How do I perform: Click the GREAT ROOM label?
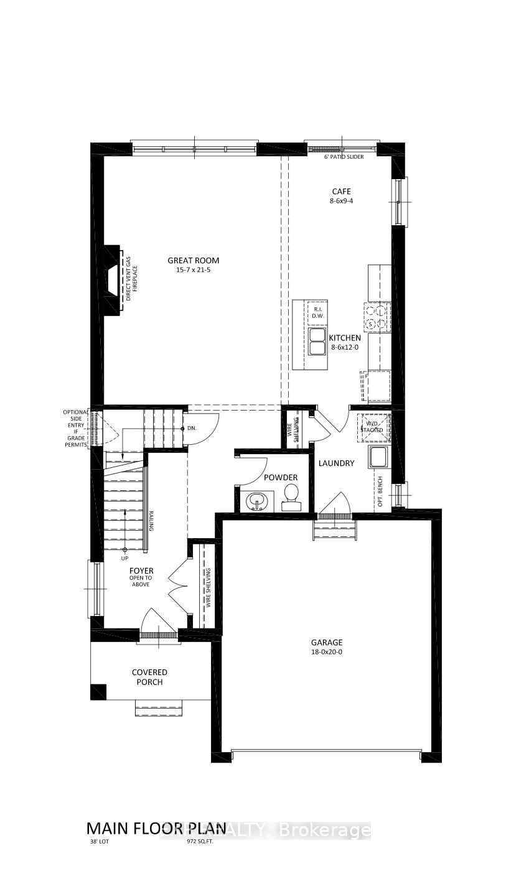tap(193, 261)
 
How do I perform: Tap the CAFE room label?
tap(341, 192)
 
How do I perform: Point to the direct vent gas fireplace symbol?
tap(112, 279)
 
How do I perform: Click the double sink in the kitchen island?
tap(317, 342)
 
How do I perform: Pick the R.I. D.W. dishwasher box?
tap(317, 313)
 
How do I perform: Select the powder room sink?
tap(258, 500)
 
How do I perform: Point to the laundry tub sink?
tap(378, 457)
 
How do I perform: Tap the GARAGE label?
tap(327, 643)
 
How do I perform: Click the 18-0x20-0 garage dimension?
tap(327, 652)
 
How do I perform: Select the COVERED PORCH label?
tap(149, 677)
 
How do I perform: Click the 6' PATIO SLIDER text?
tap(344, 157)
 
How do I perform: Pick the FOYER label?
tap(141, 571)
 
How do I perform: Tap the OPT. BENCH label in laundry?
tap(380, 491)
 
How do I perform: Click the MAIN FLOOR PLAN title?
tap(156, 828)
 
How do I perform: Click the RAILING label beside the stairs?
tap(151, 521)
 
